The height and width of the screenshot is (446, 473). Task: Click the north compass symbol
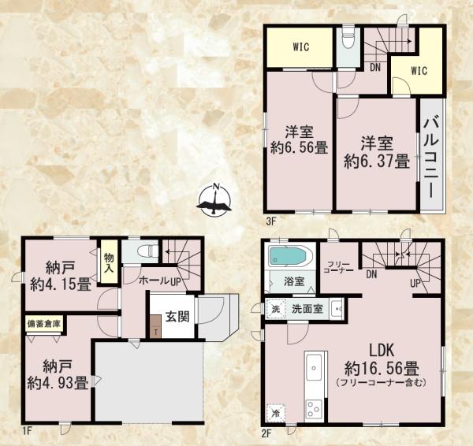pyautogui.click(x=214, y=200)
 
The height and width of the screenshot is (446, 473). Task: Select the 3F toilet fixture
pyautogui.click(x=348, y=38)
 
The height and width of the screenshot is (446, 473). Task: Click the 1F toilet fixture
pyautogui.click(x=148, y=251)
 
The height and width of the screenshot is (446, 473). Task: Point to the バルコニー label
pyautogui.click(x=432, y=158)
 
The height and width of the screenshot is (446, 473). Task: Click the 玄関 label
pyautogui.click(x=177, y=317)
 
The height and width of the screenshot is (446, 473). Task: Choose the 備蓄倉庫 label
pyautogui.click(x=44, y=324)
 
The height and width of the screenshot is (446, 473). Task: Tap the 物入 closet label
pyautogui.click(x=109, y=262)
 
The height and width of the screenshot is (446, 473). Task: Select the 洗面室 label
pyautogui.click(x=307, y=309)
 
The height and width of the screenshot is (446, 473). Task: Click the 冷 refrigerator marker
pyautogui.click(x=276, y=413)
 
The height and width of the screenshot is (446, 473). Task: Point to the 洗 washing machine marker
pyautogui.click(x=276, y=309)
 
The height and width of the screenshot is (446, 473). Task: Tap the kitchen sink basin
pyautogui.click(x=314, y=369)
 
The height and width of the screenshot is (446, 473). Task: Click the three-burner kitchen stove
pyautogui.click(x=314, y=409)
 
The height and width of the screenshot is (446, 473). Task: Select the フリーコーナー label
pyautogui.click(x=338, y=267)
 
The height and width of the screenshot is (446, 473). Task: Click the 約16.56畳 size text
pyautogui.click(x=382, y=369)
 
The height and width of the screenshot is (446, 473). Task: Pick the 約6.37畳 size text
pyautogui.click(x=377, y=162)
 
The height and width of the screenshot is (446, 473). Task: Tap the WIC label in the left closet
pyautogui.click(x=300, y=47)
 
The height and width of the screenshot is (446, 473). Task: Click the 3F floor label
pyautogui.click(x=271, y=222)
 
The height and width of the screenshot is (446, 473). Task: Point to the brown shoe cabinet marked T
pyautogui.click(x=155, y=326)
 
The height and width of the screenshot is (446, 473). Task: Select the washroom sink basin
pyautogui.click(x=337, y=309)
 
